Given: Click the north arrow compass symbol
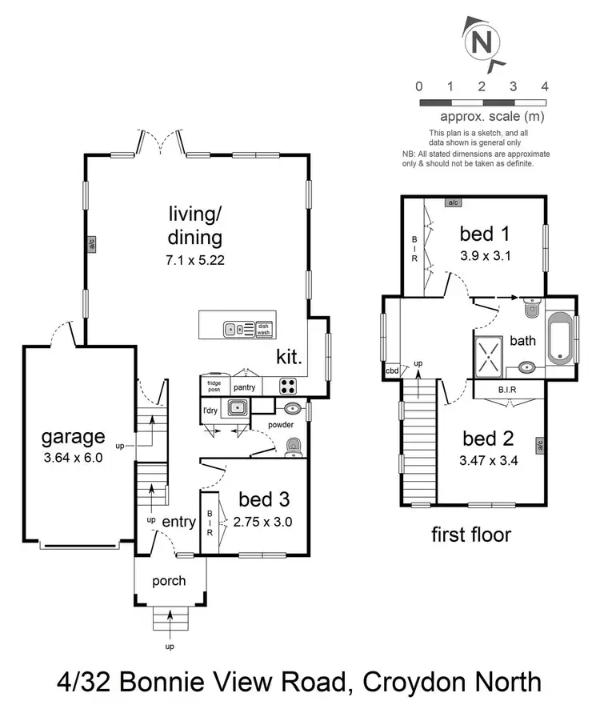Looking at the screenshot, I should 482,42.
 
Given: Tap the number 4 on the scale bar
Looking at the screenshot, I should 544,86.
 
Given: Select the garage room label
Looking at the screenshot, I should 74,437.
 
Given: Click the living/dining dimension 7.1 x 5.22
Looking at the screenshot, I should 194,259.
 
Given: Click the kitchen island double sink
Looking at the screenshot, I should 235,327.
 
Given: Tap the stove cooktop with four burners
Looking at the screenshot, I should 288,387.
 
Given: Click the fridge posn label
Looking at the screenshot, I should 214,386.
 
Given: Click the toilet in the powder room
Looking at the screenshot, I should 294,445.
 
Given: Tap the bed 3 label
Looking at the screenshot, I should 264,500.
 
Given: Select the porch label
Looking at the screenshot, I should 170,581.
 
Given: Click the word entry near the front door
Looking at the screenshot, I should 178,522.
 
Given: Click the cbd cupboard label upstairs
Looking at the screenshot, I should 392,371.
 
